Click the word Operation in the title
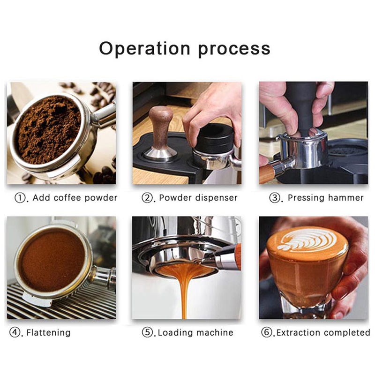144,48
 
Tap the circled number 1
20,198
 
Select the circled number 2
147,198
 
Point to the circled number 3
274,198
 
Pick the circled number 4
15,332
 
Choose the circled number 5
147,332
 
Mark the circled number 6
267,332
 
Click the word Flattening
49,333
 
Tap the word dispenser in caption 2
217,198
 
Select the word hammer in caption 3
345,197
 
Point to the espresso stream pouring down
184,292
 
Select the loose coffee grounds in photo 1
49,129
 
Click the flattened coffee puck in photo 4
52,260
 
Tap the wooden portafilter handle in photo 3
267,172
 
